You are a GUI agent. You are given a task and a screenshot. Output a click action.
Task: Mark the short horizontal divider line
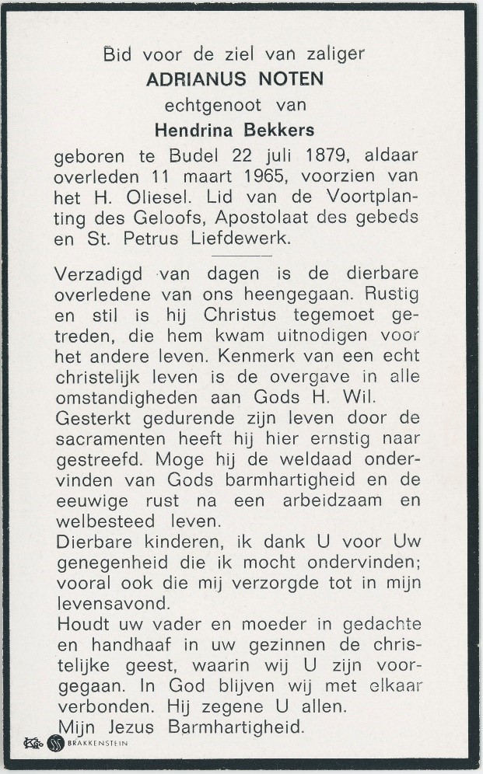[x=241, y=255]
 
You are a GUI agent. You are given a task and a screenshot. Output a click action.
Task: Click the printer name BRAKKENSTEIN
[x=99, y=744]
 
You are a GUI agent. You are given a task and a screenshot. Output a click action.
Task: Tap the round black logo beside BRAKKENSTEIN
[x=57, y=744]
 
